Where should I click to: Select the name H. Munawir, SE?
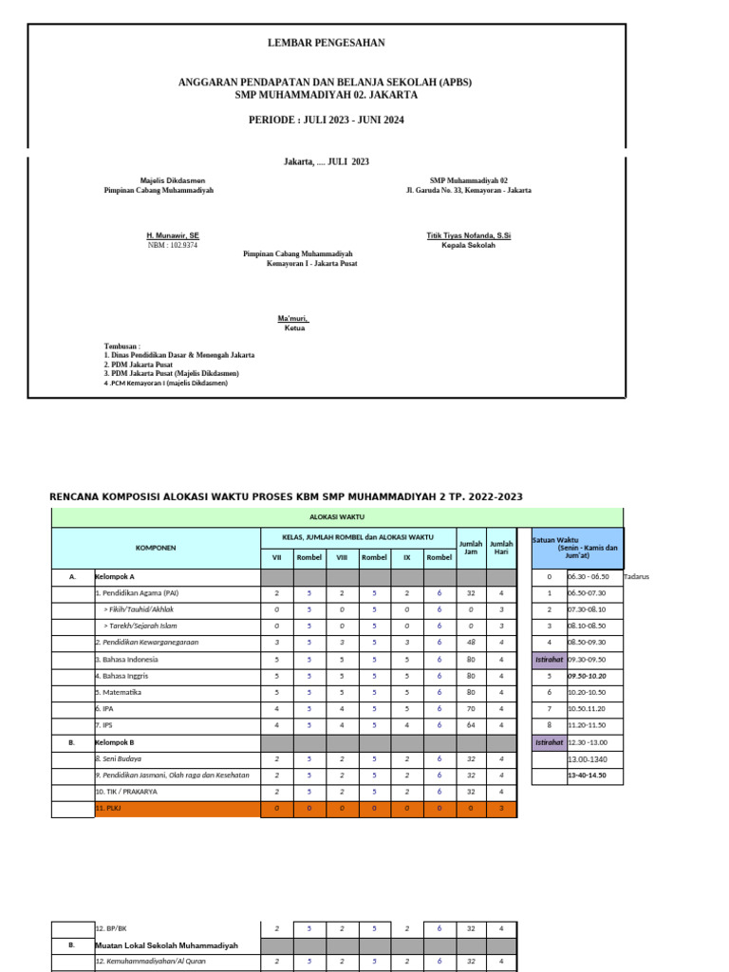pyautogui.click(x=172, y=234)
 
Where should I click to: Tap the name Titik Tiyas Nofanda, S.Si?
pyautogui.click(x=469, y=234)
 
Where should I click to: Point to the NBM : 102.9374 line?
pyautogui.click(x=173, y=245)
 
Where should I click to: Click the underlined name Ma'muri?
pyautogui.click(x=293, y=318)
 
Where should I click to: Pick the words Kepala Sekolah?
pyautogui.click(x=469, y=245)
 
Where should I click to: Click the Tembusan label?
pyautogui.click(x=122, y=346)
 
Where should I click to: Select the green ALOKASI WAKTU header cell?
pyautogui.click(x=338, y=517)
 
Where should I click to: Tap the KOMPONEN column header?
pyautogui.click(x=156, y=548)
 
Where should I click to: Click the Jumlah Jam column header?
pyautogui.click(x=470, y=548)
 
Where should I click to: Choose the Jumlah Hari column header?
pyautogui.click(x=501, y=548)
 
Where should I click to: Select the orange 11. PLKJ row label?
pyautogui.click(x=110, y=808)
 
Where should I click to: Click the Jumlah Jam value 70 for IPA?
pyautogui.click(x=470, y=708)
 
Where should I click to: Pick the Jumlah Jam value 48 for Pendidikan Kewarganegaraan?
pyautogui.click(x=470, y=643)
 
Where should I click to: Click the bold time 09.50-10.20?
pyautogui.click(x=587, y=676)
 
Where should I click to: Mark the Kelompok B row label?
pyautogui.click(x=115, y=741)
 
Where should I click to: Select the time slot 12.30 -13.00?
pyautogui.click(x=589, y=742)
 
